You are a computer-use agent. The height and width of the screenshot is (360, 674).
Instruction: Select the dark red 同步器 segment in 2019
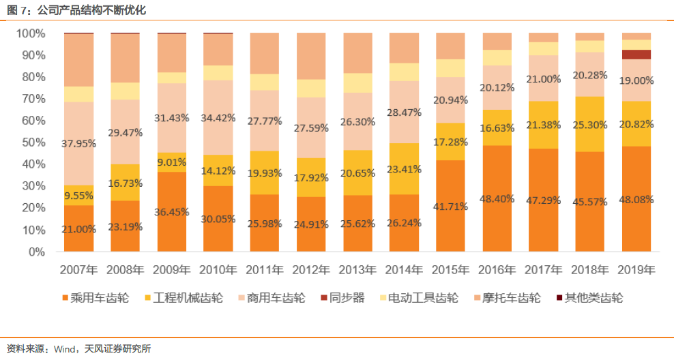pos(636,55)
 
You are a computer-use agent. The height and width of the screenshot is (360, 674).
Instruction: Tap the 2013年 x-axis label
pos(357,270)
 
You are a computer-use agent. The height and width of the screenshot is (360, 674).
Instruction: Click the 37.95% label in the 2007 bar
pos(79,144)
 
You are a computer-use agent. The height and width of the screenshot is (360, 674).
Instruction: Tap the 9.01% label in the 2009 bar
pos(172,162)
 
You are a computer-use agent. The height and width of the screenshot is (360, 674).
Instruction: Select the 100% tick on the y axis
pos(29,33)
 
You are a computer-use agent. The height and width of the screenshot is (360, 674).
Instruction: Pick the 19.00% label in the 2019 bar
pos(636,80)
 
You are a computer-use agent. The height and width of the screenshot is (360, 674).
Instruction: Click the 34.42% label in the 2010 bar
pos(218,118)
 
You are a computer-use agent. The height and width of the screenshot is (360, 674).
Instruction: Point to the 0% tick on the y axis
pos(35,252)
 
